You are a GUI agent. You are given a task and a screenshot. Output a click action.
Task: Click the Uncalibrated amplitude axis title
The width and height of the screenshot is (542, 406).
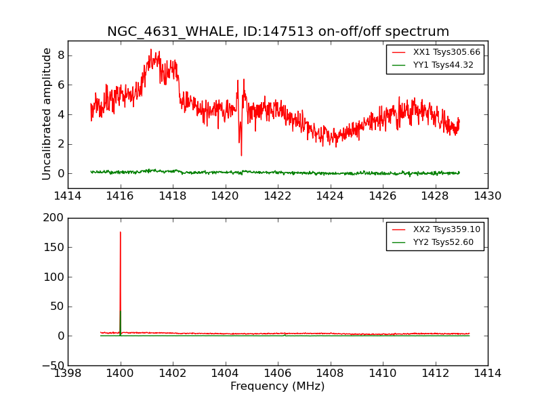click(x=47, y=114)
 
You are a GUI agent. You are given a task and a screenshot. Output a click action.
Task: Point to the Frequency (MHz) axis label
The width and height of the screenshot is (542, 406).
click(x=278, y=386)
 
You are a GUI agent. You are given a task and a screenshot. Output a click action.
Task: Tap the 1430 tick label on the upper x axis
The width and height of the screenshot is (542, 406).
click(x=487, y=196)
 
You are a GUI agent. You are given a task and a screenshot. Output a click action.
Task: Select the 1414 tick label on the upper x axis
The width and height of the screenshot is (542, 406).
click(x=68, y=196)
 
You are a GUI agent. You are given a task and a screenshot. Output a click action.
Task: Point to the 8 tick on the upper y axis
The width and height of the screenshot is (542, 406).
click(x=60, y=55)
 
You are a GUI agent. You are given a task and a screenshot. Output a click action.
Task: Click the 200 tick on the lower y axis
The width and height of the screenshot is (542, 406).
click(x=54, y=218)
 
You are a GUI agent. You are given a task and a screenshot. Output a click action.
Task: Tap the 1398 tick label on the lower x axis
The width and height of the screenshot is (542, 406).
click(x=68, y=374)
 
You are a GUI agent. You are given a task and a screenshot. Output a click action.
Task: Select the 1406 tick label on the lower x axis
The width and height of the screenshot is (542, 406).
click(x=278, y=374)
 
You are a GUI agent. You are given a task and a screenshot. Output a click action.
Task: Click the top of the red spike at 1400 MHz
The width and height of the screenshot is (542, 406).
click(x=121, y=233)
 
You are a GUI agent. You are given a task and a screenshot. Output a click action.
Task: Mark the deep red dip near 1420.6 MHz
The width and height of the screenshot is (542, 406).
click(x=241, y=155)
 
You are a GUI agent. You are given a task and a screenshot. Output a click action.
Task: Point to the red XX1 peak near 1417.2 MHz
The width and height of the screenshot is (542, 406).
click(x=151, y=50)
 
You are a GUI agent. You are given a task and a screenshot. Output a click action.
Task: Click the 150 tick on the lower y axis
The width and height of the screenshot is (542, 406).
click(x=54, y=248)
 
